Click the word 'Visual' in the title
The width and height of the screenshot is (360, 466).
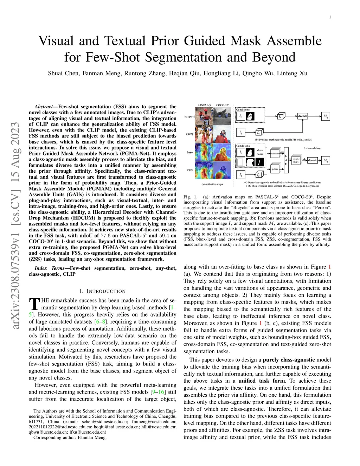click(56, 41)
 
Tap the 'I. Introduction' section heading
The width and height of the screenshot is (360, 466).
click(102, 291)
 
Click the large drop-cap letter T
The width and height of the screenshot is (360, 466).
click(34, 304)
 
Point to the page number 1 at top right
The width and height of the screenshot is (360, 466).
click(330, 17)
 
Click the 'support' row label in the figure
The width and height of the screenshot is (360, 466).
click(189, 116)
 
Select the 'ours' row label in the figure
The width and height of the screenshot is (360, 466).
click(189, 170)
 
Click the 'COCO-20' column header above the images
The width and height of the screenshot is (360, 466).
click(222, 105)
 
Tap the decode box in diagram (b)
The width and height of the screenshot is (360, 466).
click(302, 116)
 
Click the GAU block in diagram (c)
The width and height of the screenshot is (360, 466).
click(286, 160)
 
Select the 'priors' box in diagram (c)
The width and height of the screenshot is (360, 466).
click(275, 169)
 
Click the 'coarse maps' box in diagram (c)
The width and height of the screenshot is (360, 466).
click(296, 160)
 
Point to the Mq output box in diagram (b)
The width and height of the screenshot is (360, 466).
click(326, 116)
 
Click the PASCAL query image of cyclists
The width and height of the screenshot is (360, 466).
click(204, 134)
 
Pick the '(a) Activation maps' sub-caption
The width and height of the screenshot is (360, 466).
click(212, 184)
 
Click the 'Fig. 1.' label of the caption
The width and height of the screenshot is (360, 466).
click(191, 197)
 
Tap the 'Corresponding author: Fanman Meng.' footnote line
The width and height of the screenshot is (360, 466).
click(70, 438)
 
